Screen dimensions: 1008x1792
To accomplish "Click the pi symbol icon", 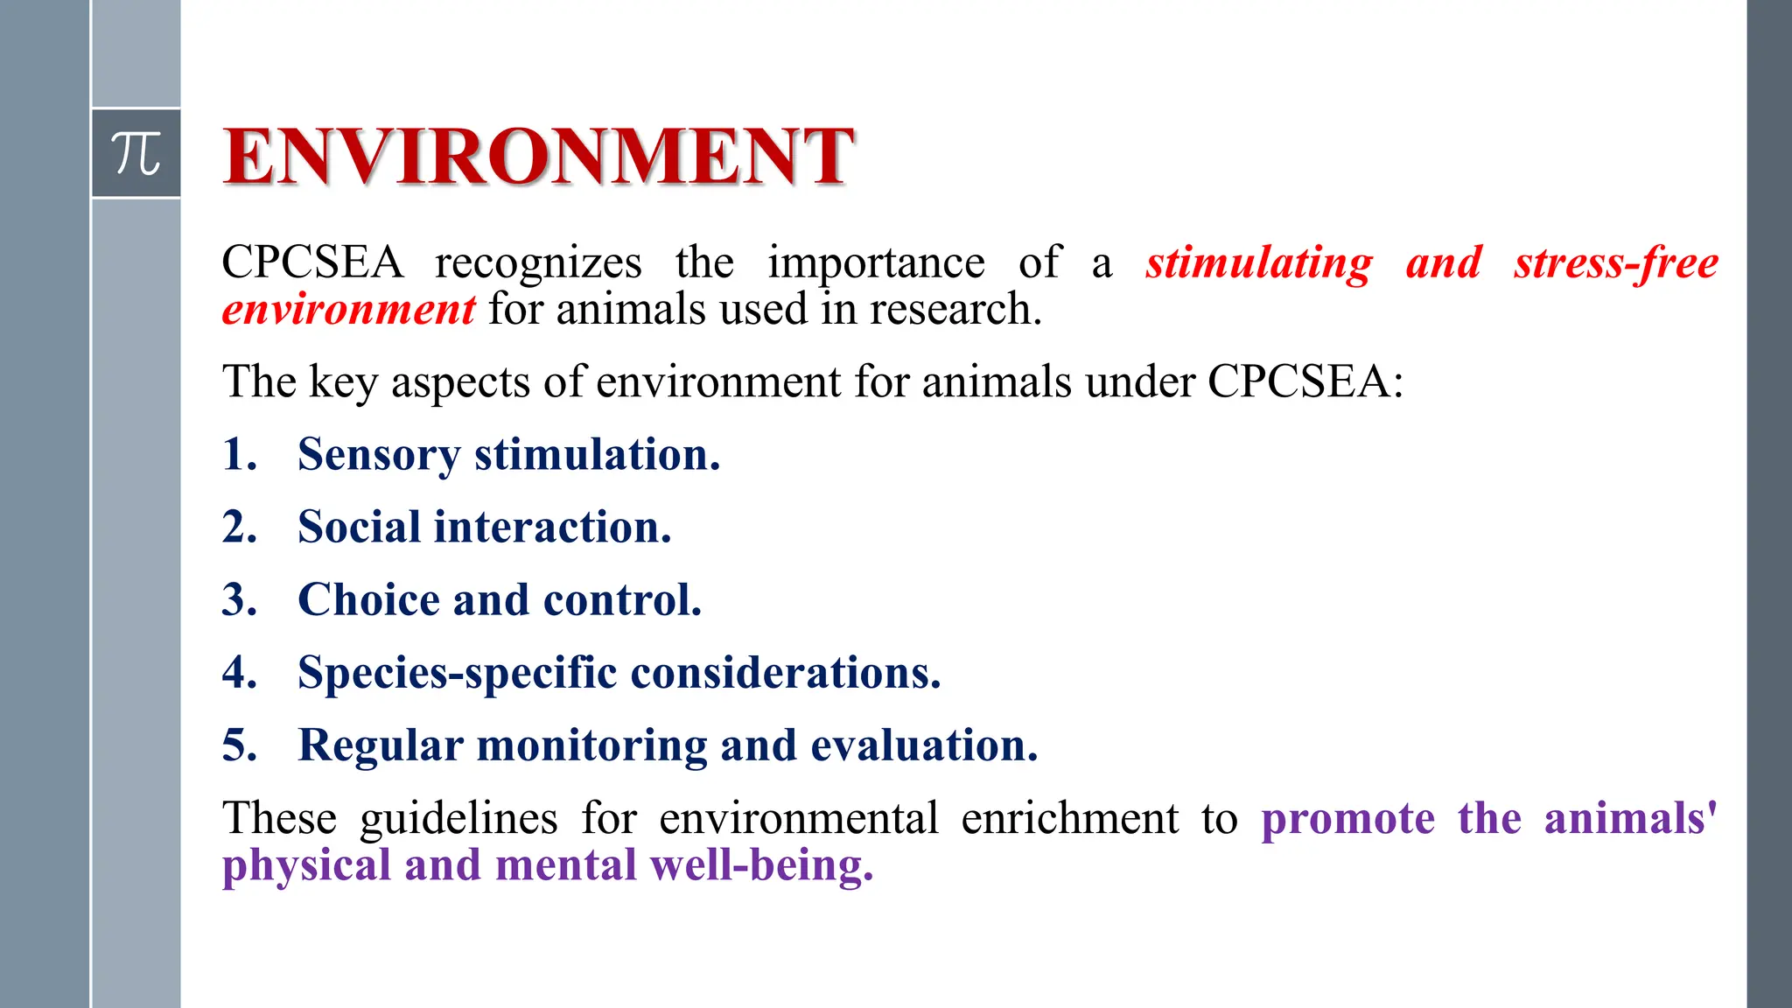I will point(136,153).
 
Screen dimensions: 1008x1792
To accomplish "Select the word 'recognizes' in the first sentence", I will point(538,262).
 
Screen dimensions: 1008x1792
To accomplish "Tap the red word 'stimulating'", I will point(1259,262).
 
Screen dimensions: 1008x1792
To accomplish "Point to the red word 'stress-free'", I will point(1616,262).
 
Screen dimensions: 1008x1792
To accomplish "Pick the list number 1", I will point(239,454).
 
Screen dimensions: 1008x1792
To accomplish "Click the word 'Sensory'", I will point(378,455).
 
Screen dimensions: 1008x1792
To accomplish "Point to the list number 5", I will point(239,745).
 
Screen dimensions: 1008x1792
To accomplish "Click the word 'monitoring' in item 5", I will point(591,745).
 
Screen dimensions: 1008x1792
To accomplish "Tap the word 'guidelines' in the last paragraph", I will point(458,819).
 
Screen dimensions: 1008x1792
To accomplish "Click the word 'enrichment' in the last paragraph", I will point(1069,819).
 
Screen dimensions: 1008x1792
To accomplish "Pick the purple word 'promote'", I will point(1347,819).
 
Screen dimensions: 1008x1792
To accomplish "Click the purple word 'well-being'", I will point(760,865).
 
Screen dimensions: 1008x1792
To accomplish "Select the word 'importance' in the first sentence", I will point(876,262).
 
